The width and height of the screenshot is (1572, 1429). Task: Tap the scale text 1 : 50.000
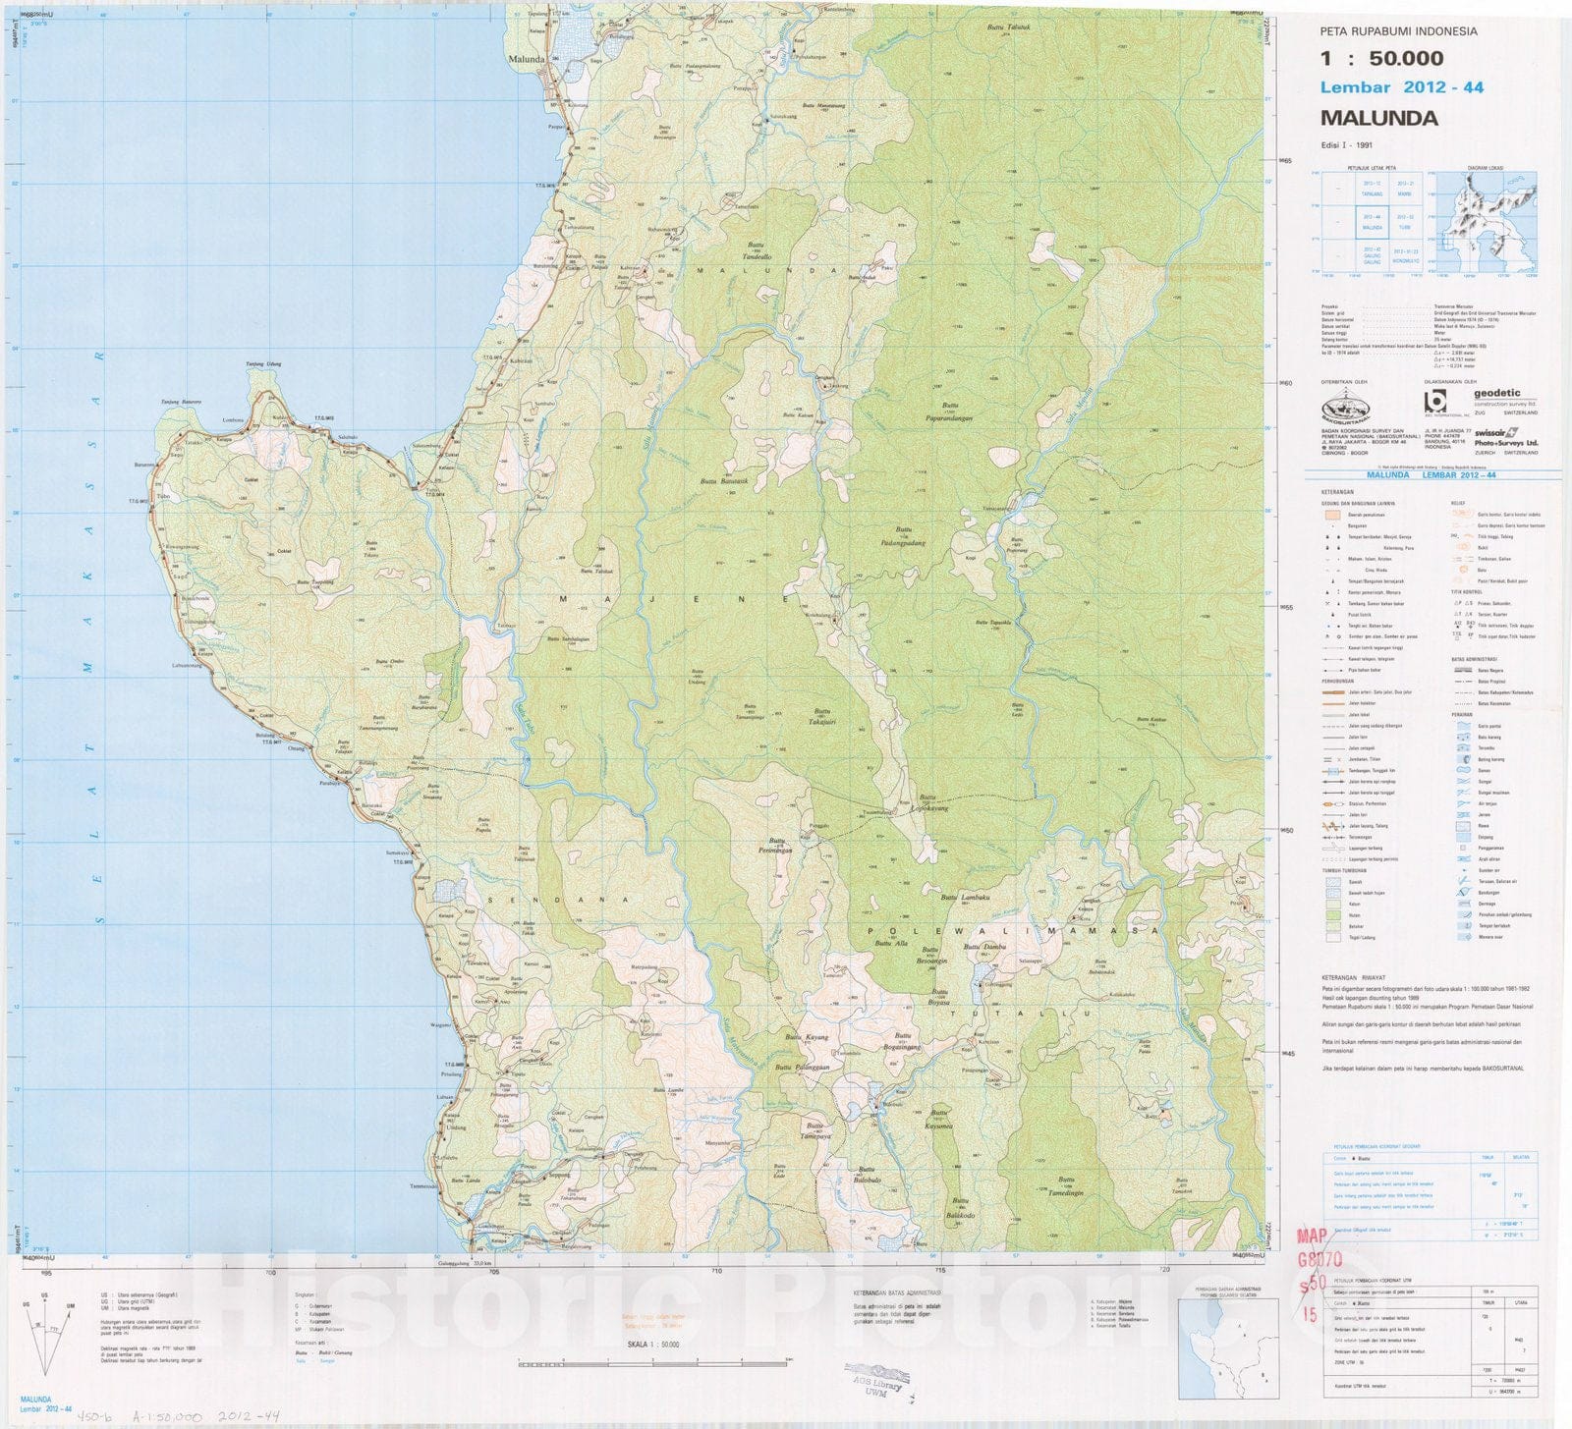click(x=1381, y=58)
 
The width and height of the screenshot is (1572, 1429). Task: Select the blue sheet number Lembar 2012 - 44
click(x=1401, y=87)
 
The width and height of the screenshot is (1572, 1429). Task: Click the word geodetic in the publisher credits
click(x=1496, y=394)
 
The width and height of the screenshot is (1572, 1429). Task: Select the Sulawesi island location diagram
click(x=1488, y=221)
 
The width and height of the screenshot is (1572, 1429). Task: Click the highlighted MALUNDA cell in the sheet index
click(x=1373, y=223)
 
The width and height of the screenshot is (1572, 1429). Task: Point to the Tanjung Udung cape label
click(x=262, y=364)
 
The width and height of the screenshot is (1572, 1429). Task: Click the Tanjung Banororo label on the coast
click(x=182, y=402)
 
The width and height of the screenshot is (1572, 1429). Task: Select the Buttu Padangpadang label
click(x=904, y=538)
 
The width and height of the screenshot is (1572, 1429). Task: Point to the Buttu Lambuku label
click(x=963, y=897)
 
